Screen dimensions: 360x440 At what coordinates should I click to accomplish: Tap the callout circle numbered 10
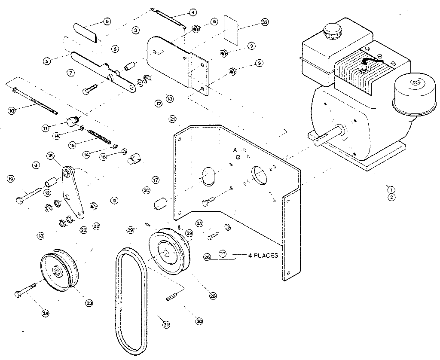(12, 111)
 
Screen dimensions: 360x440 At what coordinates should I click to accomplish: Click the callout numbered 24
(45, 313)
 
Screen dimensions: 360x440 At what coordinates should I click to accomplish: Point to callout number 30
(199, 321)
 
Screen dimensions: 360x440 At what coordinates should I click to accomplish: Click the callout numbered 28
(213, 295)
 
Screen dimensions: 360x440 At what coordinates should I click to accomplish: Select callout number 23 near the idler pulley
(89, 303)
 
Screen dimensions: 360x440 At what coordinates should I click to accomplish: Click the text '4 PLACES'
(263, 255)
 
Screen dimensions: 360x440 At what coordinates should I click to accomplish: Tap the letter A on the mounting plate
(235, 149)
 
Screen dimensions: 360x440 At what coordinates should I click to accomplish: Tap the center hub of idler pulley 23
(57, 270)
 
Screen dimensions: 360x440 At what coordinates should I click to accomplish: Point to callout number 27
(222, 253)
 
